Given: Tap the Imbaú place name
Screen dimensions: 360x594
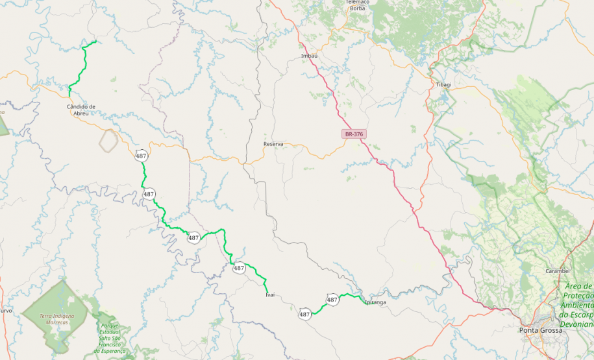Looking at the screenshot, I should point(310,56).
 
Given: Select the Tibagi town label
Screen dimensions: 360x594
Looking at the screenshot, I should point(443,85).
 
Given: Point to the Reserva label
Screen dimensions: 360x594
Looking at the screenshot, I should point(273,143).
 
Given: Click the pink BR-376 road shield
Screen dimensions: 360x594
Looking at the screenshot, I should point(354,134).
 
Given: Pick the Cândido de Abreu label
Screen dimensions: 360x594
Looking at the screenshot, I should point(81,109).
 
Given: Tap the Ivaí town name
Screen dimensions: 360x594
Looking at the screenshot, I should point(270,294).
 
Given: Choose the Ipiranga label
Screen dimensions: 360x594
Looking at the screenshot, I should point(376,302).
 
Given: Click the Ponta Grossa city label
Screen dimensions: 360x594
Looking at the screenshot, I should point(540,330).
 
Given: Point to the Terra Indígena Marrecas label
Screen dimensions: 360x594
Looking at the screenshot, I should point(57,318).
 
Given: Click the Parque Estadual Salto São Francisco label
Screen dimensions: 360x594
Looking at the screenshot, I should point(112,339).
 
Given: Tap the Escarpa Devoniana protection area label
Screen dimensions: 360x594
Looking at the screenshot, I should point(579,305).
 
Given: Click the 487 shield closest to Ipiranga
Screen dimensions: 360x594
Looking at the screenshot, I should point(332,300).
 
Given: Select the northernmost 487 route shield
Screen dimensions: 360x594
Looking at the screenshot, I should point(141,156).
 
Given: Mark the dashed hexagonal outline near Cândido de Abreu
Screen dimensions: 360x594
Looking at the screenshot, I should point(109,137).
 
